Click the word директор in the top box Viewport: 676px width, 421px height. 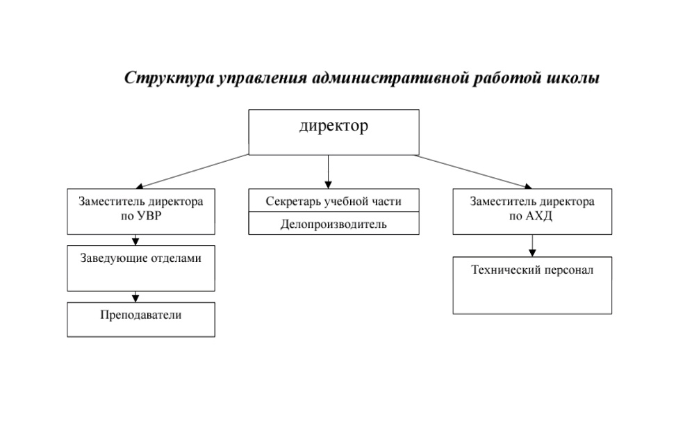(x=333, y=126)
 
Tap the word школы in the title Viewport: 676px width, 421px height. (x=573, y=78)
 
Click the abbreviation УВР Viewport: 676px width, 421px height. (x=148, y=216)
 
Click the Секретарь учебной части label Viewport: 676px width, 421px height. (x=333, y=201)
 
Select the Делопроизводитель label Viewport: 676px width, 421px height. (x=333, y=224)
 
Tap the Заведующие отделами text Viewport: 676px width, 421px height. (x=141, y=258)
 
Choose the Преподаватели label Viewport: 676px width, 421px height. (x=141, y=315)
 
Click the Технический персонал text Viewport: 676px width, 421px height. (x=532, y=270)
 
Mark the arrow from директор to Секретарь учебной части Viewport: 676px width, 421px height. (x=328, y=172)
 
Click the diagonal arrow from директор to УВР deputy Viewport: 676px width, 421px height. (x=192, y=172)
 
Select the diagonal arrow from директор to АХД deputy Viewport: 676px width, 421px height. (x=473, y=172)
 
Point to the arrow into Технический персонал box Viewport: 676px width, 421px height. (x=532, y=246)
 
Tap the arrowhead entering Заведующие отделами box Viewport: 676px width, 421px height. (x=135, y=242)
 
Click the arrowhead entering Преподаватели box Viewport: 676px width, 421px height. (x=135, y=299)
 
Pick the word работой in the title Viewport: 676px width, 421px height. (x=508, y=78)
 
